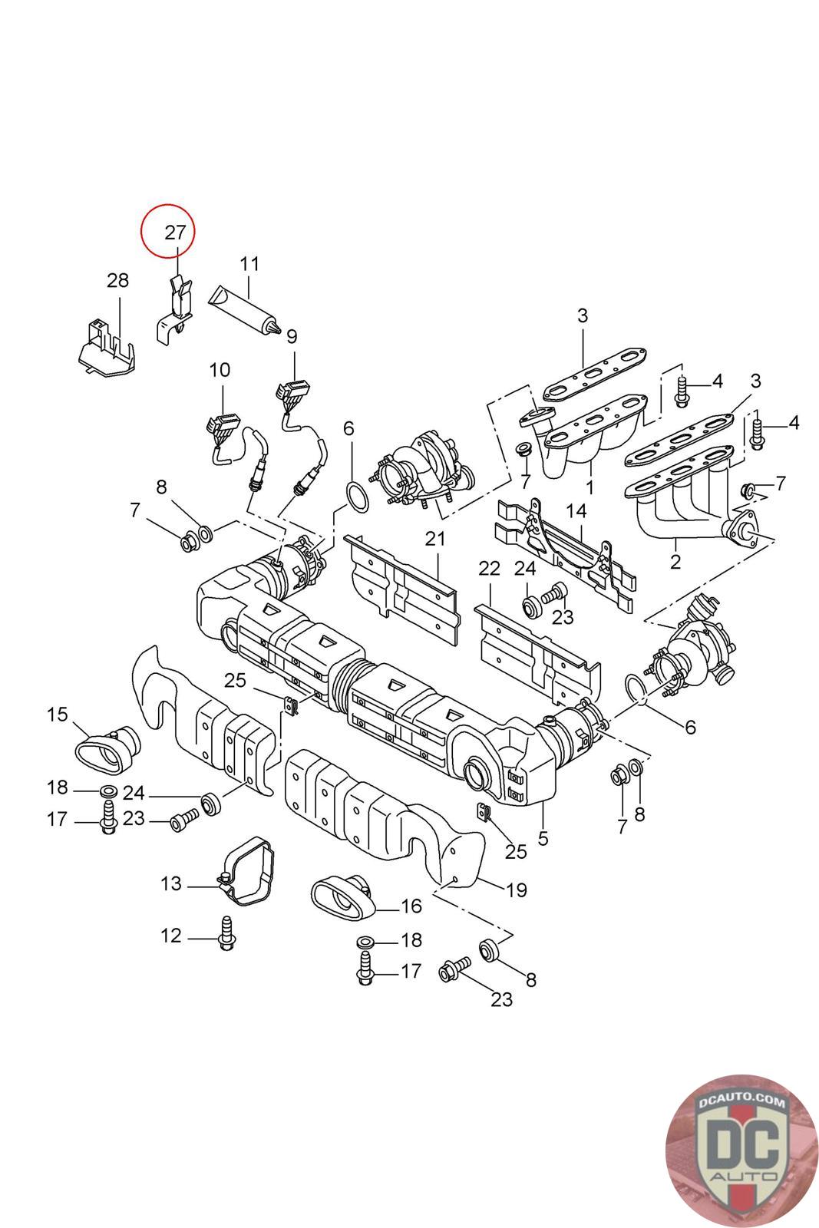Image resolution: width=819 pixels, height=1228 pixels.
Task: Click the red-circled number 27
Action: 176,233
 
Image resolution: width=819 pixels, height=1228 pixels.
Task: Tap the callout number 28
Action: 118,280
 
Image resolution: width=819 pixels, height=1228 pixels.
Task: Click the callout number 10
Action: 220,370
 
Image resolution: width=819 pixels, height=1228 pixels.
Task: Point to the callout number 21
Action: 435,539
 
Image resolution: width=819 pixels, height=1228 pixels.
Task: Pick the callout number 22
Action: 489,569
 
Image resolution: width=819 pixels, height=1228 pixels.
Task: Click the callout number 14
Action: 576,511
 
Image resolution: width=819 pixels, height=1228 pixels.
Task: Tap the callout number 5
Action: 543,838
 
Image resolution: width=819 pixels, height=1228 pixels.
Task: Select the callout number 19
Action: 517,890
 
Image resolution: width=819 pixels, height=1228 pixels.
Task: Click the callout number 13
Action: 171,883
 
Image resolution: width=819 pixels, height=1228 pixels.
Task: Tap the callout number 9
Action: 292,336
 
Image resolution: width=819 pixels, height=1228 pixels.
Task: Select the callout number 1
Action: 589,487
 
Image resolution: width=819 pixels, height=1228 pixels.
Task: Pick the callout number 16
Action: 411,906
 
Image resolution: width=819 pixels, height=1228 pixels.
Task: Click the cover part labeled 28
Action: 106,348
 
